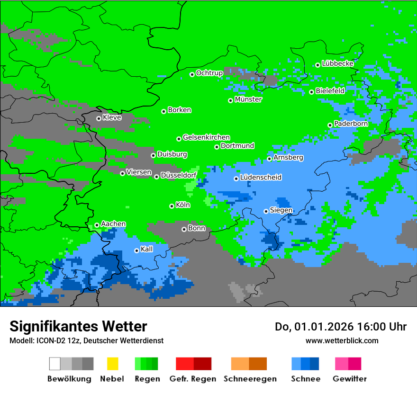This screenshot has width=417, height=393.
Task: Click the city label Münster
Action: (248, 99)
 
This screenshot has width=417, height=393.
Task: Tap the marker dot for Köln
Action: (172, 206)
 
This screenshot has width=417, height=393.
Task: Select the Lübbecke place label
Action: (337, 63)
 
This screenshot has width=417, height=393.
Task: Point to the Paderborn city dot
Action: (330, 125)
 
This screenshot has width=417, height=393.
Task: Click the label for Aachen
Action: (113, 224)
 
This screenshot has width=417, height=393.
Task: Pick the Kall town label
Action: (147, 249)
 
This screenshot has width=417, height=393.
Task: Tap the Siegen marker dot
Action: (266, 211)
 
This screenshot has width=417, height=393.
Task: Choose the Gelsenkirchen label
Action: (206, 137)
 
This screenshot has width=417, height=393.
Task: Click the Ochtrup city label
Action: (209, 73)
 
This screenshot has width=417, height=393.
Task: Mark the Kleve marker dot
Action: (99, 118)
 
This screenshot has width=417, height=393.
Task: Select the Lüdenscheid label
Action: (261, 178)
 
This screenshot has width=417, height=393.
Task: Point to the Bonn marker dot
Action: (184, 229)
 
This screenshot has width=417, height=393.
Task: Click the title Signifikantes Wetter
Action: (78, 326)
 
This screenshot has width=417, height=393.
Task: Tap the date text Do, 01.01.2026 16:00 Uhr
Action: (341, 327)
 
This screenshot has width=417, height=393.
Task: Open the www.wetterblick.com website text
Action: (342, 340)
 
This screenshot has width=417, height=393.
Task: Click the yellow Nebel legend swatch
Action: (112, 364)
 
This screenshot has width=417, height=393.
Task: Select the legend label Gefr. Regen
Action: (193, 379)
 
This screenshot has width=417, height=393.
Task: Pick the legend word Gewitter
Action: (350, 379)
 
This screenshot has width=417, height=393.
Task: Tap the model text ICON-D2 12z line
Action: (86, 340)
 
